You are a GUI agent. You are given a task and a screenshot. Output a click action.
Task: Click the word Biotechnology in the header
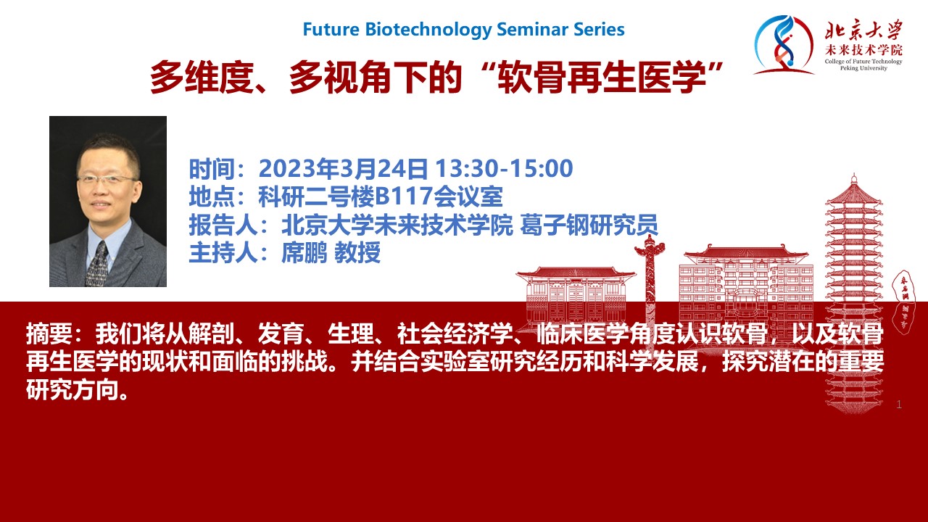[x=428, y=30]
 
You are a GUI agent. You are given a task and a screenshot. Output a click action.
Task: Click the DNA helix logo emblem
[x=783, y=45]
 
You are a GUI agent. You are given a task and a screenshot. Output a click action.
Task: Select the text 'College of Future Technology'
[x=863, y=62]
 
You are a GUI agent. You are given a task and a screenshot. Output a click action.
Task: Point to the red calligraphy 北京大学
[x=863, y=30]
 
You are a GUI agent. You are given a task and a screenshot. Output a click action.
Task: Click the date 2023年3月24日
[x=343, y=169]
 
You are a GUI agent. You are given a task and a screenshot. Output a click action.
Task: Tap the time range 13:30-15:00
[x=504, y=168]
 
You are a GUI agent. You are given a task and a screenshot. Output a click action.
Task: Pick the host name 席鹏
[x=304, y=252]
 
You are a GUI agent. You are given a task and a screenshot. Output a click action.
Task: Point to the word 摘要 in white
[x=49, y=334]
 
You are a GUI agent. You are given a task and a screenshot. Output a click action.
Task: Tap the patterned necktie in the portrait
[x=97, y=265]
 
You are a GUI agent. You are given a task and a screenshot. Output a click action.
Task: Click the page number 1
[x=898, y=405]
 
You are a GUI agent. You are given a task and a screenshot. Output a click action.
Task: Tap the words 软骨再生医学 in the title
[x=602, y=78]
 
